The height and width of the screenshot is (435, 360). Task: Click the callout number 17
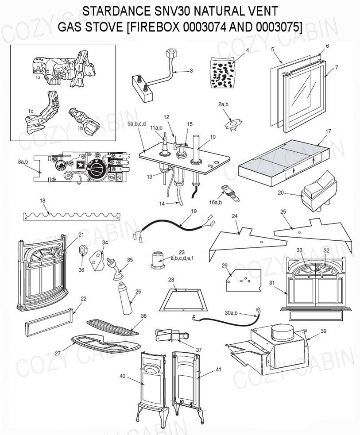click(x=328, y=131)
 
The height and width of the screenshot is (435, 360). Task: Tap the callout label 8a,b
click(x=23, y=162)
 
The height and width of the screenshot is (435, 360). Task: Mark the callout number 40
click(x=123, y=376)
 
